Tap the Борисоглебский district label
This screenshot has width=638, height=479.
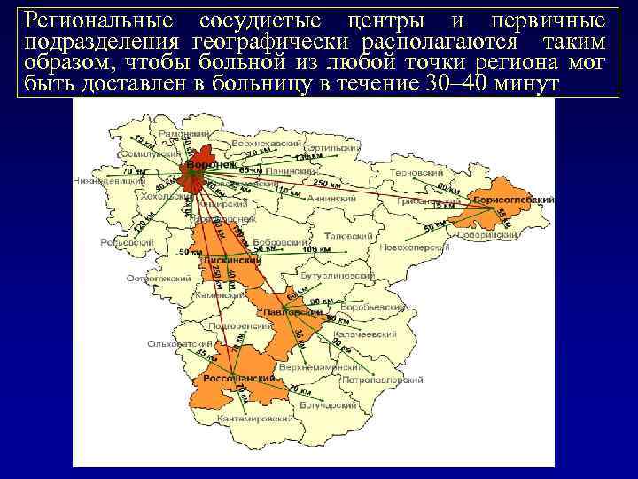coord(514,200)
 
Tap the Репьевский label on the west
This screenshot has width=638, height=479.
coord(127,241)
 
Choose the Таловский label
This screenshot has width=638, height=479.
coord(346,237)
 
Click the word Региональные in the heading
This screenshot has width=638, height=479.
coord(97,20)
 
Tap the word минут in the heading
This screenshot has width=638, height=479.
coord(530,83)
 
